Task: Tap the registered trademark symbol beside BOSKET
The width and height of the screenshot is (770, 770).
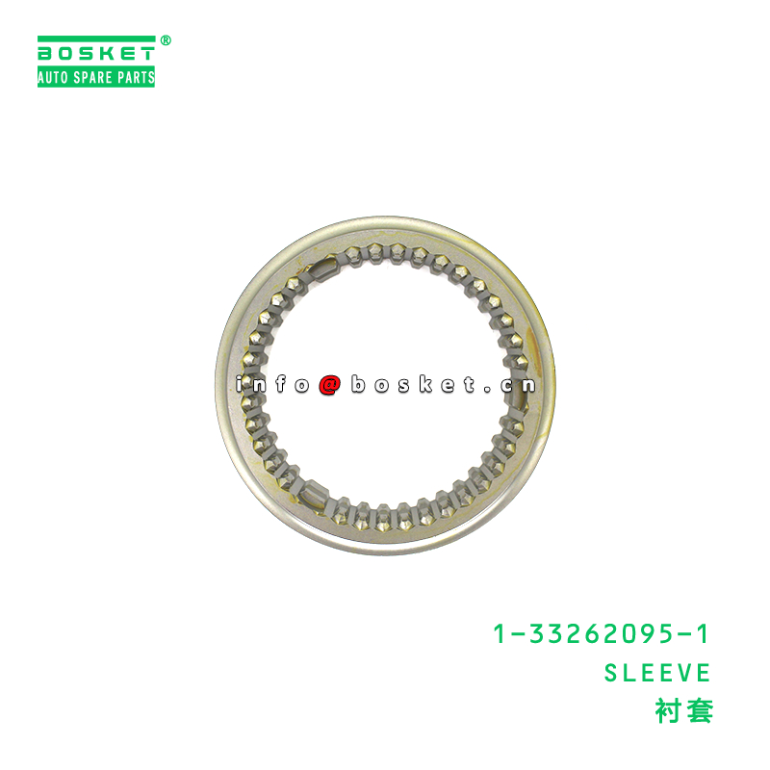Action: [166, 41]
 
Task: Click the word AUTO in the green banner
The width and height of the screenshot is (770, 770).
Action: [55, 78]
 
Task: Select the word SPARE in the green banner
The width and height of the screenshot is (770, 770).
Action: [94, 78]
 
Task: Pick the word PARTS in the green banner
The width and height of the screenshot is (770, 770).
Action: [135, 78]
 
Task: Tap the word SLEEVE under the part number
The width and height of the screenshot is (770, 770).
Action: [657, 672]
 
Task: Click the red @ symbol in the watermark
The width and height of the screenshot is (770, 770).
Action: [329, 385]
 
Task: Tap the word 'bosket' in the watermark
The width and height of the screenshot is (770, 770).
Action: [414, 385]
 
